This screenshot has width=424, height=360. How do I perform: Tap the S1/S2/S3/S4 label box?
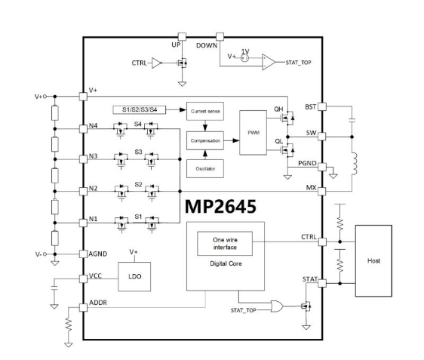141,110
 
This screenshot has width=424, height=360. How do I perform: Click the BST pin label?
310,107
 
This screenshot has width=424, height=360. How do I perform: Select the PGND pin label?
307,163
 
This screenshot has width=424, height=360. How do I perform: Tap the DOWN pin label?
206,46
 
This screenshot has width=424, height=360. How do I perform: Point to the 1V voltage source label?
244,51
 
